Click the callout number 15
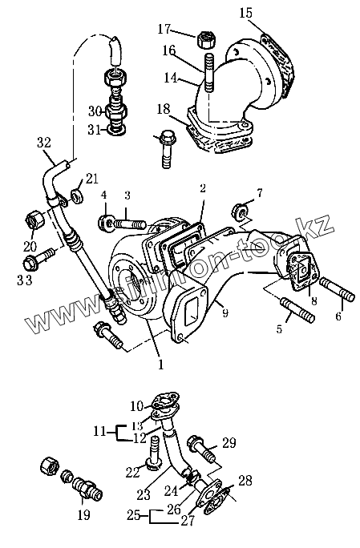click(x=245, y=13)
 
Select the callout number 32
click(x=44, y=143)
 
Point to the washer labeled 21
click(x=77, y=195)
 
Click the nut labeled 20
click(x=35, y=221)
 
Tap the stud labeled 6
click(x=338, y=288)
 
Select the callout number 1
click(x=161, y=365)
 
